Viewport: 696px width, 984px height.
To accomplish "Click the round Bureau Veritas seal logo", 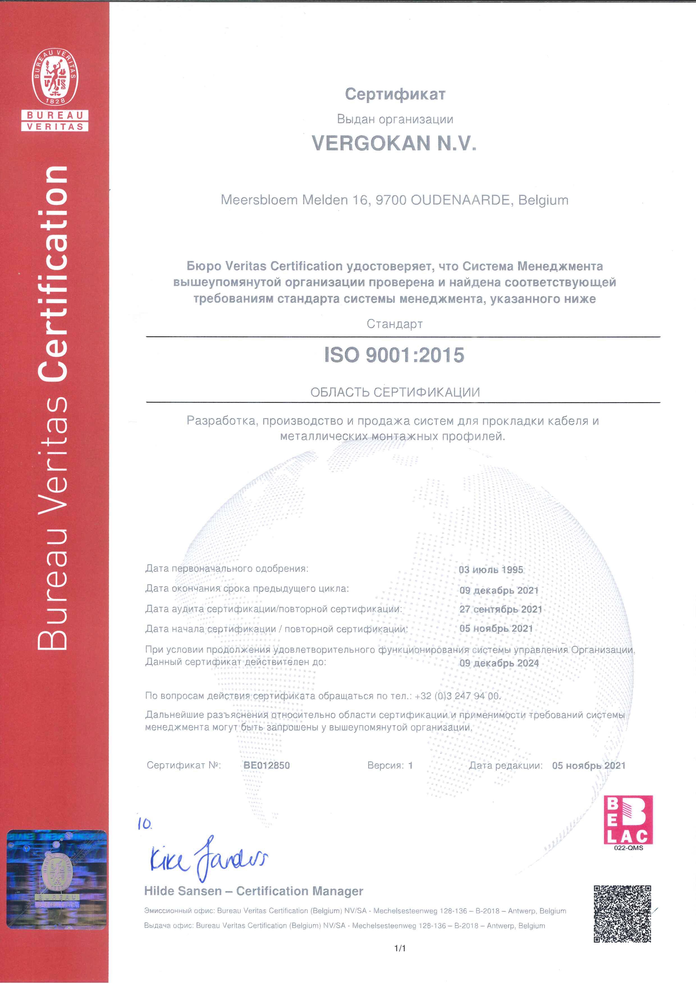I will [x=55, y=77].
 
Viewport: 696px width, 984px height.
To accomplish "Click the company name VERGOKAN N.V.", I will [x=394, y=143].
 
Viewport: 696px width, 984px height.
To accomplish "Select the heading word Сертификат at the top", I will [x=395, y=94].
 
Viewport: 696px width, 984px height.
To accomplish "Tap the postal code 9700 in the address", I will [x=391, y=200].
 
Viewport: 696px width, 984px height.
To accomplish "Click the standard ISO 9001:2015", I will [x=394, y=355].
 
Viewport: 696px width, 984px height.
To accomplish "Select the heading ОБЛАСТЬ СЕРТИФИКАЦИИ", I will [x=395, y=392].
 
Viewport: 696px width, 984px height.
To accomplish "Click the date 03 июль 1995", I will [x=491, y=570].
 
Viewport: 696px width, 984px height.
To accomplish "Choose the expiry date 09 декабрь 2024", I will [x=499, y=663].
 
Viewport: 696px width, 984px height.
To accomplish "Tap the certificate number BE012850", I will [x=266, y=765].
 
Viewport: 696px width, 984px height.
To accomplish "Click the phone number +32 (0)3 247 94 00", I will [x=457, y=696].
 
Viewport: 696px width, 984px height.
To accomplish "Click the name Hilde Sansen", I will [x=183, y=891].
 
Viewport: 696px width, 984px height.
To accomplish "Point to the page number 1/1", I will [x=400, y=948].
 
